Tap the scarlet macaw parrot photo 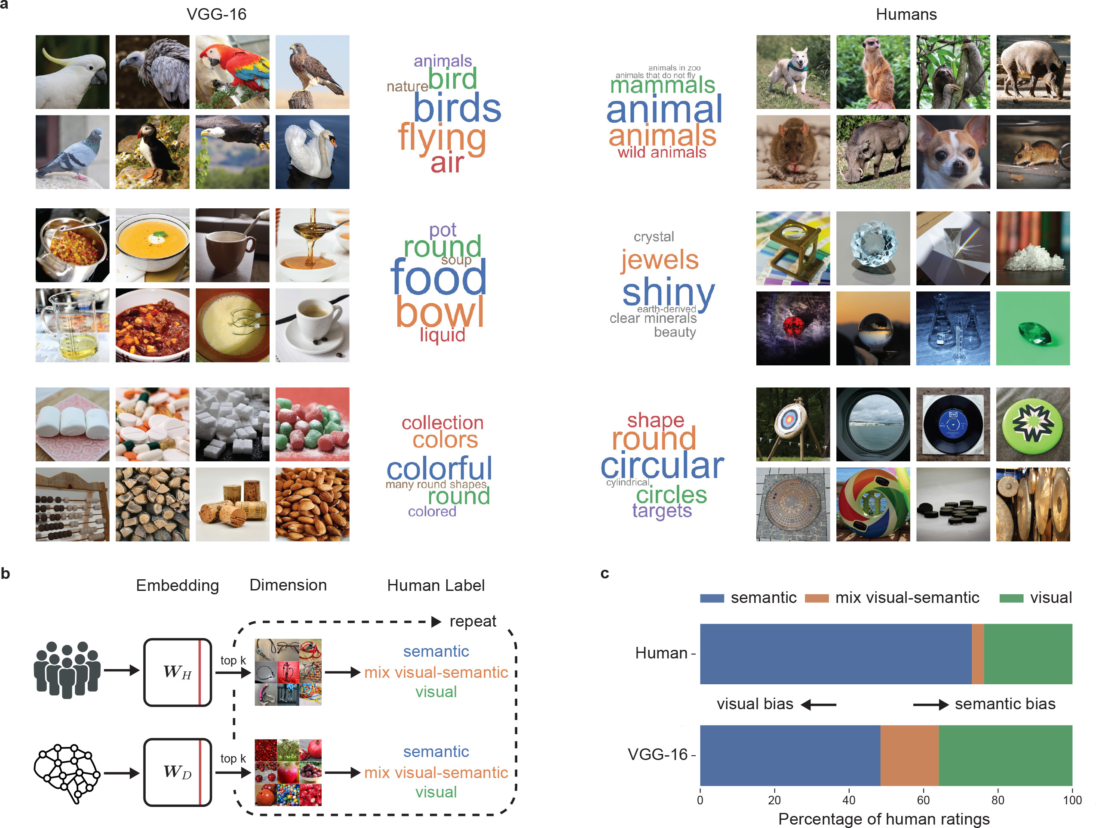[x=232, y=72]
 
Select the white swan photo [x=312, y=152]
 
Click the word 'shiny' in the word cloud [x=668, y=293]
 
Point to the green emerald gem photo [x=1032, y=328]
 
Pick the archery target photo [x=793, y=424]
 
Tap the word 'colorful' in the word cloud [x=439, y=468]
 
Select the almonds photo [x=312, y=504]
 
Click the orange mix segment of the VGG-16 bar [x=909, y=755]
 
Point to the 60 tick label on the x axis [x=923, y=800]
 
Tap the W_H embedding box [x=178, y=672]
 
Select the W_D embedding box [x=178, y=772]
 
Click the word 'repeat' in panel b [x=473, y=621]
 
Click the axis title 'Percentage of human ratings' [x=884, y=819]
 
